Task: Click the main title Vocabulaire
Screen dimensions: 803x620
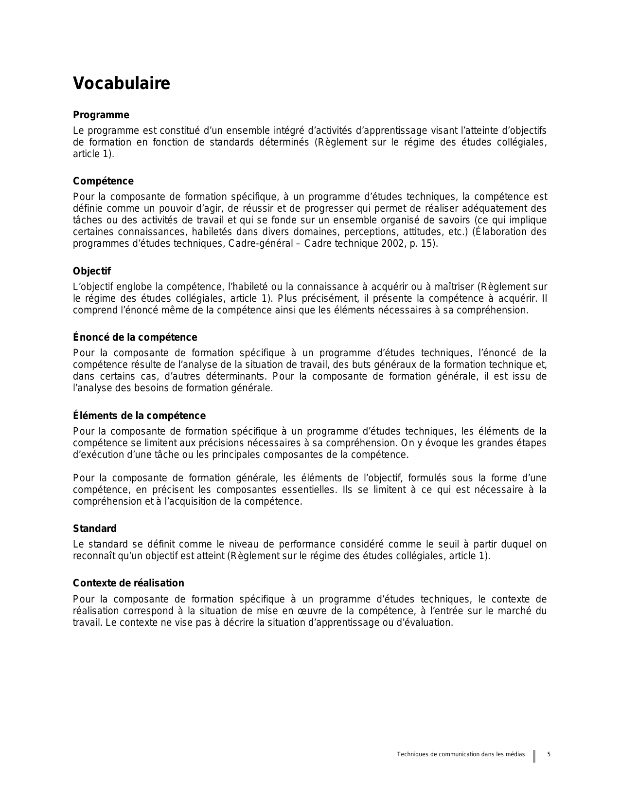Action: click(121, 84)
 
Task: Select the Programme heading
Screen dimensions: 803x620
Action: click(101, 115)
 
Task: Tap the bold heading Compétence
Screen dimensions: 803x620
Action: click(103, 182)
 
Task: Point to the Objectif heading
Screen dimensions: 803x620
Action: click(92, 272)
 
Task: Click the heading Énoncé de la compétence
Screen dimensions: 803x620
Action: click(135, 338)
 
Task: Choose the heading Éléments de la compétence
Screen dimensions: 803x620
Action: click(139, 416)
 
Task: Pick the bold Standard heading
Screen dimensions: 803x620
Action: click(95, 529)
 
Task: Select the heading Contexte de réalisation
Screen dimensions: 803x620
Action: click(128, 584)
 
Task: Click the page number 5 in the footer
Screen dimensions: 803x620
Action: click(549, 755)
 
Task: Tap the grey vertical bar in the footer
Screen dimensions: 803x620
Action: click(534, 756)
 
